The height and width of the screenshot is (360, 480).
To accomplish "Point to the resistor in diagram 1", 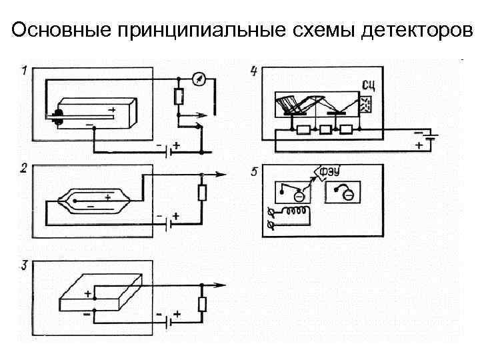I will pos(178,97).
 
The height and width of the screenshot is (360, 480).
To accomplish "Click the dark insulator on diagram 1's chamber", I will pos(58,118).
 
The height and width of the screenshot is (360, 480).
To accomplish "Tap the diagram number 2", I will pos(23,169).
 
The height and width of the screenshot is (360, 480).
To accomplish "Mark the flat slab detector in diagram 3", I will pos(100,294).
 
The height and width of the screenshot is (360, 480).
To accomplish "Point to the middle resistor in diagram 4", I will pos(327,130).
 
